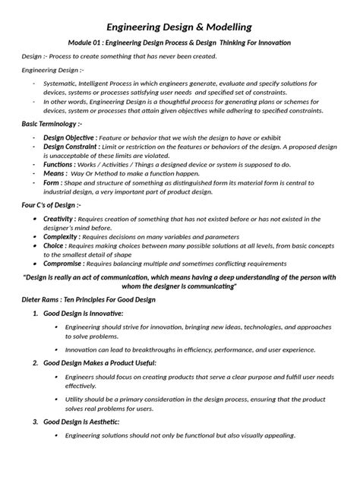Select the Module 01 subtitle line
pyautogui.click(x=179, y=43)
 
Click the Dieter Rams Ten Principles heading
pyautogui.click(x=88, y=300)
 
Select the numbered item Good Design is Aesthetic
pyautogui.click(x=86, y=421)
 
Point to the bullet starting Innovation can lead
pyautogui.click(x=190, y=349)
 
